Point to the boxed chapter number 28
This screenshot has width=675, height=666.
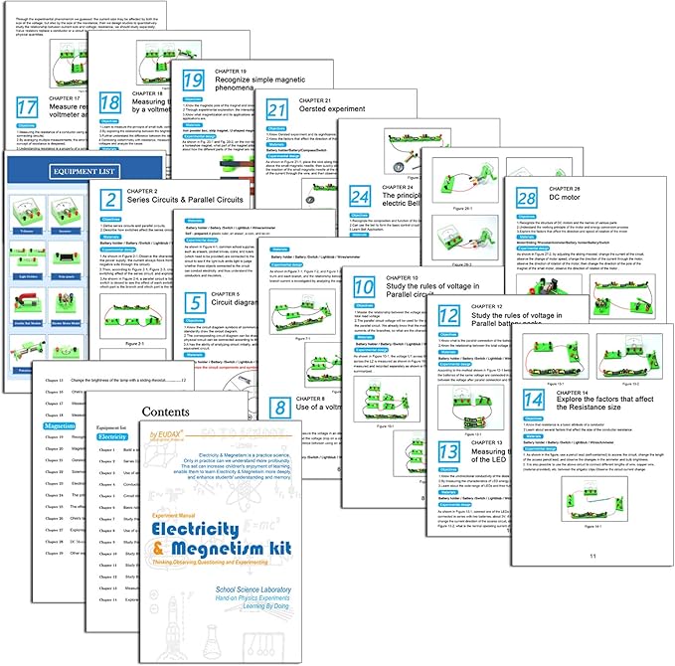tap(525, 200)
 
